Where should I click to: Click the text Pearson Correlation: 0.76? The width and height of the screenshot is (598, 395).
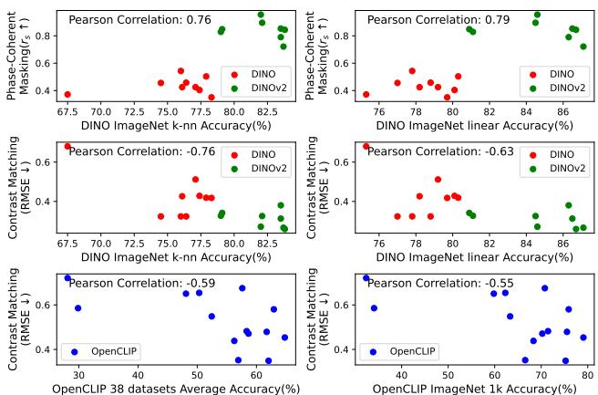click(141, 19)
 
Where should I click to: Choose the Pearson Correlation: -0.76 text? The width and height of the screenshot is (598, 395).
click(144, 151)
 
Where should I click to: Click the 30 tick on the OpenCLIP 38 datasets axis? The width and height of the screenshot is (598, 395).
click(78, 374)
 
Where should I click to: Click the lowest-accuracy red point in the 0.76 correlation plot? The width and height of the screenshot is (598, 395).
click(67, 94)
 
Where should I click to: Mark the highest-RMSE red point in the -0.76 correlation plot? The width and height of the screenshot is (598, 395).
click(67, 146)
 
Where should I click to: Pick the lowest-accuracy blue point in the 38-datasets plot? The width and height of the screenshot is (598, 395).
click(67, 278)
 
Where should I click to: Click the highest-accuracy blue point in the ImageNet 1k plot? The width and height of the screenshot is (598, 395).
click(583, 338)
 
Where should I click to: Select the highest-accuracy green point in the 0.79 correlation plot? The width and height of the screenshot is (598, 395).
click(583, 47)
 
